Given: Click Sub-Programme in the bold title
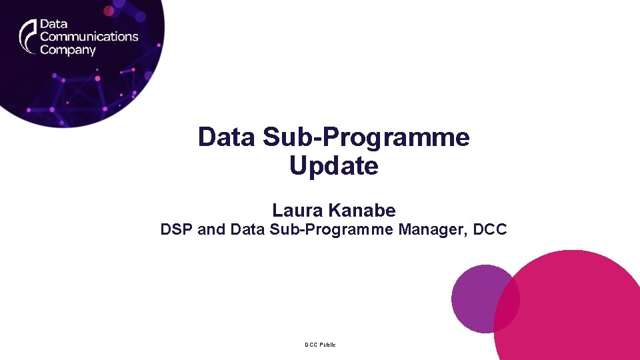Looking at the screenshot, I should pos(366,137).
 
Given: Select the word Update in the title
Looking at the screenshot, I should pos(333,166).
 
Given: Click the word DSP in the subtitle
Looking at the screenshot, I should pos(177,230).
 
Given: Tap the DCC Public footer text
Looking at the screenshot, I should pos(320,345).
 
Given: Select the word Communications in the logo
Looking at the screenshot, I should pos(89,37).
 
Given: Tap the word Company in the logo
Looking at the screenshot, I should pos(68,50).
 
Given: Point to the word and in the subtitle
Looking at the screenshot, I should pos(212,230).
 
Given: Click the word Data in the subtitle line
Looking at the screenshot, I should pos(247,230).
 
